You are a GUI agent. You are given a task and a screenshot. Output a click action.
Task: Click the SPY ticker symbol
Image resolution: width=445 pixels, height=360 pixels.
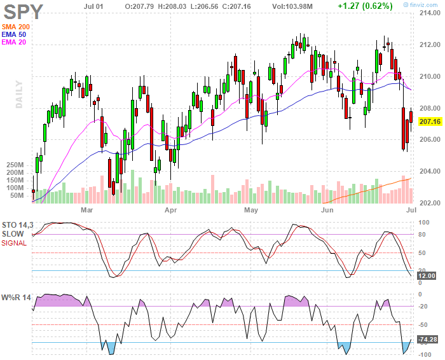coord(24,12)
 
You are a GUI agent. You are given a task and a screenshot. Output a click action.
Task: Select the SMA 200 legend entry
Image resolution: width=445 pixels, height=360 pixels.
coord(16,27)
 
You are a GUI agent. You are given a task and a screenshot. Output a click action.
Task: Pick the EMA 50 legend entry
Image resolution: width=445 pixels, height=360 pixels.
coord(13,34)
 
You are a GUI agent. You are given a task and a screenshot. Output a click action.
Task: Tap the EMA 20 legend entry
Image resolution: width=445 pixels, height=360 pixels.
coord(13,42)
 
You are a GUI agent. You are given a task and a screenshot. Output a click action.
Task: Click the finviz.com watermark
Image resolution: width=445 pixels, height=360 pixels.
coord(421,5)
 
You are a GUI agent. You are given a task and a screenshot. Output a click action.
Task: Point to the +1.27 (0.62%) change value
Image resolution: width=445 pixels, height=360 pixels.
coord(365,6)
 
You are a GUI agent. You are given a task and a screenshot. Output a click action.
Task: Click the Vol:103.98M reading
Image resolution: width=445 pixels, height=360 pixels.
coord(292,6)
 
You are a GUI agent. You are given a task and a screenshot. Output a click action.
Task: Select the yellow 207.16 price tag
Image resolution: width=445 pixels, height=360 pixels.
coord(430,121)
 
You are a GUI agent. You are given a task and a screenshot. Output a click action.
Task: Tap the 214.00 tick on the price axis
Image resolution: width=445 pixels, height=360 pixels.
coord(430,13)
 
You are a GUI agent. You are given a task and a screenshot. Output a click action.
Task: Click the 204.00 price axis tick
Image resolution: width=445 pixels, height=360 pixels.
coord(430,171)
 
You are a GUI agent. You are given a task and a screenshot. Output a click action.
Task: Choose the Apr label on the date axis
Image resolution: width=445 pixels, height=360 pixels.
coord(171,210)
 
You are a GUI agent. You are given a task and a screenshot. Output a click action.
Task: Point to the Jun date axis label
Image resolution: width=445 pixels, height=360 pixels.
coord(327,210)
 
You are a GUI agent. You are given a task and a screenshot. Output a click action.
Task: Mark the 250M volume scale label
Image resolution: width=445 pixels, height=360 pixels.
coord(15,165)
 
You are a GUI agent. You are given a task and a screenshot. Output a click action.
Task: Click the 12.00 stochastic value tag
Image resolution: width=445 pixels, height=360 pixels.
coord(427,275)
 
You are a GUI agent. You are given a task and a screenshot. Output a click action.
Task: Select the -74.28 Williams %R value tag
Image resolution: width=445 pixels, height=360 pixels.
coord(427,339)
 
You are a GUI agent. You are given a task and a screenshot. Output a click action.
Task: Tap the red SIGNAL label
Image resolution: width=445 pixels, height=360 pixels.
coord(14,243)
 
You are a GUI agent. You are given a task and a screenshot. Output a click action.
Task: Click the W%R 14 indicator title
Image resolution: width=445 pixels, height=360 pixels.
coord(16,298)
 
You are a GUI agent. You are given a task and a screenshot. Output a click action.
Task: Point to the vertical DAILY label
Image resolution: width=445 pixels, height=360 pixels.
coord(19,94)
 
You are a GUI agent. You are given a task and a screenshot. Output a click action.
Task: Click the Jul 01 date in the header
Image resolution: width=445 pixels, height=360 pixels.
coord(93,6)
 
